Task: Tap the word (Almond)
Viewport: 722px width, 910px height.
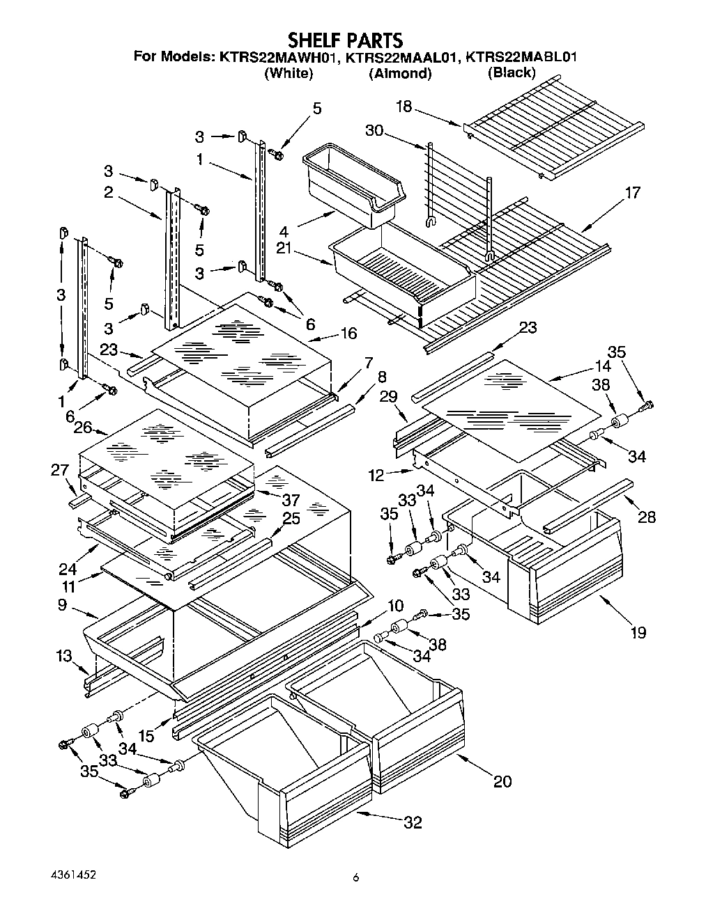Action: click(400, 74)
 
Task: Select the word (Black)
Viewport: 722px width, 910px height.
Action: click(512, 73)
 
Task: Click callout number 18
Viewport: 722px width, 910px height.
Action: click(404, 107)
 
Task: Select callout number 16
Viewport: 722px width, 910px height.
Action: click(348, 334)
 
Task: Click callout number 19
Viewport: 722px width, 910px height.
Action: click(638, 632)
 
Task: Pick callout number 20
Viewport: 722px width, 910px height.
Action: click(502, 781)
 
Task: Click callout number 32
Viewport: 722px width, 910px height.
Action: click(413, 823)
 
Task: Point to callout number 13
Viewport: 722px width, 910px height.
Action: click(64, 655)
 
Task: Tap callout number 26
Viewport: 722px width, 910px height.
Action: click(83, 427)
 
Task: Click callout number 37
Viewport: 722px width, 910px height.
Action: click(290, 500)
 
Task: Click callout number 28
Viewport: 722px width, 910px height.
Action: click(647, 517)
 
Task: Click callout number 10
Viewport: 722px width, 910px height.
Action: click(395, 604)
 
